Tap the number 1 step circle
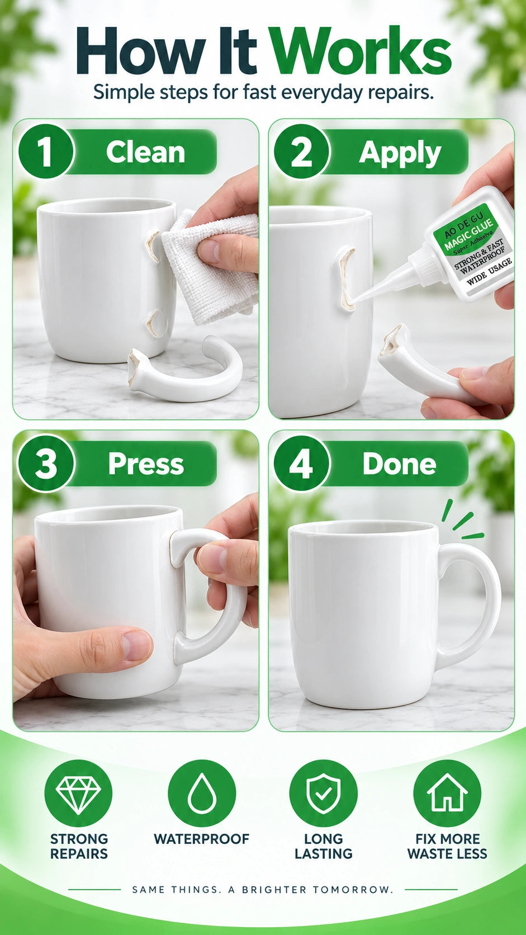click(45, 151)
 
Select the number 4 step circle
click(301, 464)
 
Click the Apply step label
click(400, 153)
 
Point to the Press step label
click(146, 464)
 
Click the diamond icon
click(79, 793)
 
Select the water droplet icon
click(202, 793)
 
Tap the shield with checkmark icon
click(323, 793)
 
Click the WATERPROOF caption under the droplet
click(201, 839)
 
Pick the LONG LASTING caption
click(323, 846)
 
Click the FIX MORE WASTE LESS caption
click(447, 846)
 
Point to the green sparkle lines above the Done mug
click(461, 520)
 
